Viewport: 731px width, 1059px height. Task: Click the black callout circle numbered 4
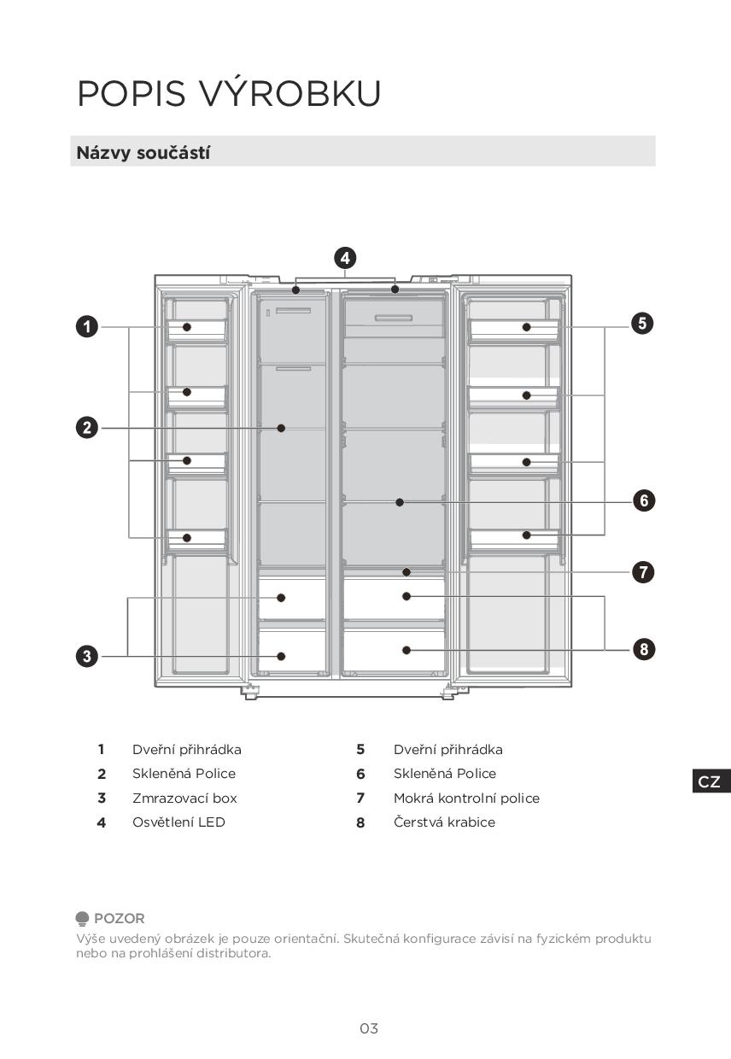point(344,258)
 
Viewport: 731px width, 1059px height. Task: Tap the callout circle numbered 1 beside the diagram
point(86,327)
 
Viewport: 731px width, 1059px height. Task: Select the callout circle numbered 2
point(86,428)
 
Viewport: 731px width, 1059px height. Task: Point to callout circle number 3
point(86,656)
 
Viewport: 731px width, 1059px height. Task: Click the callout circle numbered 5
point(643,323)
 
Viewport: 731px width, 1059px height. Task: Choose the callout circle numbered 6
point(644,500)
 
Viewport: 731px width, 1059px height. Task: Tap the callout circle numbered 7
point(644,572)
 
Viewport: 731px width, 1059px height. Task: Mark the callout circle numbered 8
point(644,649)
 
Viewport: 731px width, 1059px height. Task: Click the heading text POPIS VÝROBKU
point(229,94)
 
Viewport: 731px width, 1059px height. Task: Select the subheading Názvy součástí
point(143,153)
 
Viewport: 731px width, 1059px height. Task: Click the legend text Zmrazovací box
point(184,798)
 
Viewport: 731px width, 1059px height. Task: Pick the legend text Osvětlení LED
point(178,822)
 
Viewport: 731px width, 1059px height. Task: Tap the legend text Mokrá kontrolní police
point(466,798)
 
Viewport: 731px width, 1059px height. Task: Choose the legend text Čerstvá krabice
point(444,822)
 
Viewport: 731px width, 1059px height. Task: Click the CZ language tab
point(710,781)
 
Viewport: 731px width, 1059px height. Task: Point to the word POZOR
point(120,918)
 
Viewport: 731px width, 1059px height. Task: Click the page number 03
point(369,1028)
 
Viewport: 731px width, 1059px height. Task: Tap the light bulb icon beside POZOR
point(82,919)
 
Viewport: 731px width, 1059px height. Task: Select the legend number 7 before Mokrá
point(360,798)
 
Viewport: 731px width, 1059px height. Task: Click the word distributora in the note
point(233,953)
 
